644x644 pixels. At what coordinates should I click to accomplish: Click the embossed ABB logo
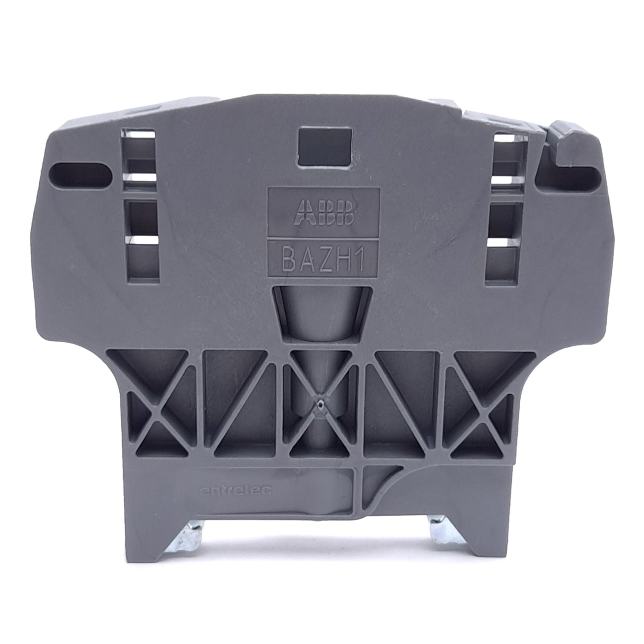[x=324, y=213]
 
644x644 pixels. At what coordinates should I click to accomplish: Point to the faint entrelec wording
[x=236, y=489]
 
